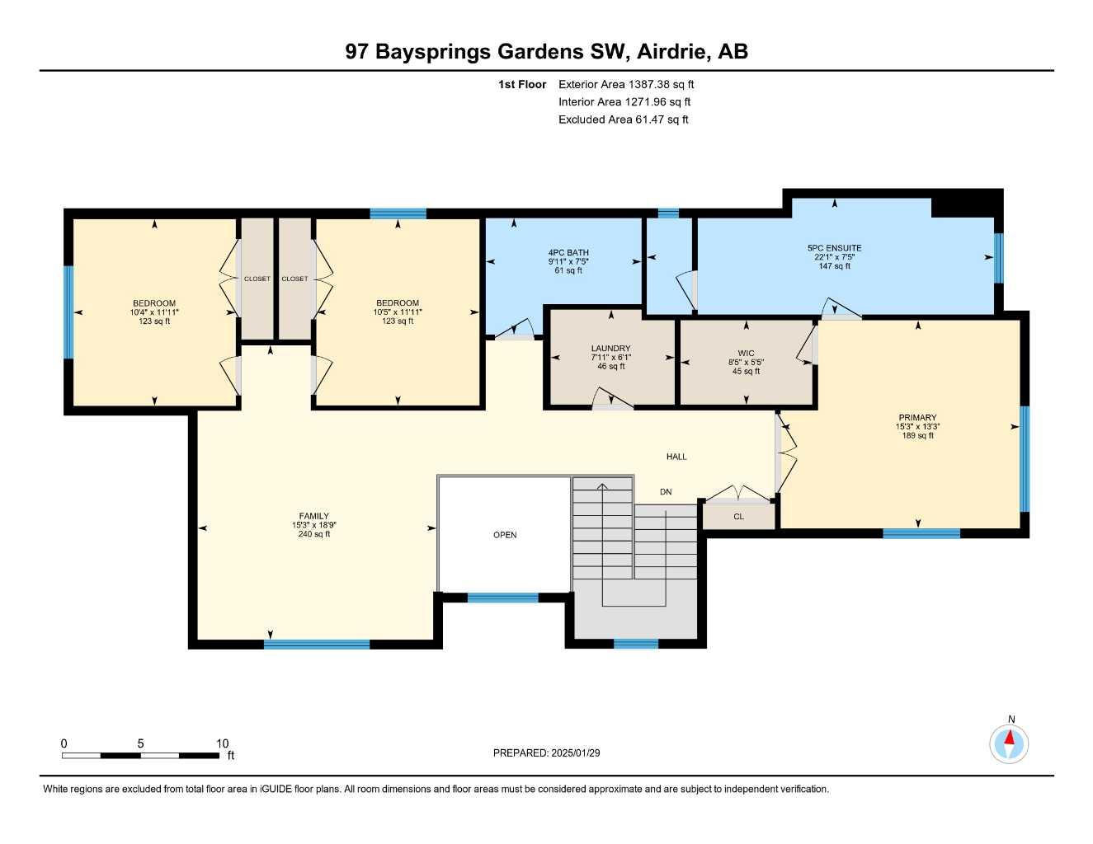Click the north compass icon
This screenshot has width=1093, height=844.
[1009, 743]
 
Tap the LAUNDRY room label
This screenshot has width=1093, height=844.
[610, 349]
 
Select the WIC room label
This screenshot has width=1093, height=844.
[746, 354]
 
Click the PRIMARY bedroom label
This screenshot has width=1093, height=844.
[917, 418]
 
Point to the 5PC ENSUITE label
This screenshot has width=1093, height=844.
[834, 248]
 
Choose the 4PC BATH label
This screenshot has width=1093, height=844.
[568, 253]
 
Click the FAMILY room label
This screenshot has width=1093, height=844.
[313, 517]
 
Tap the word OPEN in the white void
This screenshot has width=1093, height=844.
[505, 535]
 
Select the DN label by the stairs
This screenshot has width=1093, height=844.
[666, 492]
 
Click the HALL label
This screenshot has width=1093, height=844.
[676, 457]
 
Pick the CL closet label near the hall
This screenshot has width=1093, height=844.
[738, 517]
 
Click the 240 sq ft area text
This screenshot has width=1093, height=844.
[313, 534]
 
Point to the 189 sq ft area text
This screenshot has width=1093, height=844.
[917, 436]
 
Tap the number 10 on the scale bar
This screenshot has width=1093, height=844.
[222, 743]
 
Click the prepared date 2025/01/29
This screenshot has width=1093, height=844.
[582, 753]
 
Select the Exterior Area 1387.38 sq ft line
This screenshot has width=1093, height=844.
[626, 84]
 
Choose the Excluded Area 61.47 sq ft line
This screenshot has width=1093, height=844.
[623, 120]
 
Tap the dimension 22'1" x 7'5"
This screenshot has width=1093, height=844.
[834, 257]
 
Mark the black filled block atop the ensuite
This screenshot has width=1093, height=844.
[966, 203]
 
